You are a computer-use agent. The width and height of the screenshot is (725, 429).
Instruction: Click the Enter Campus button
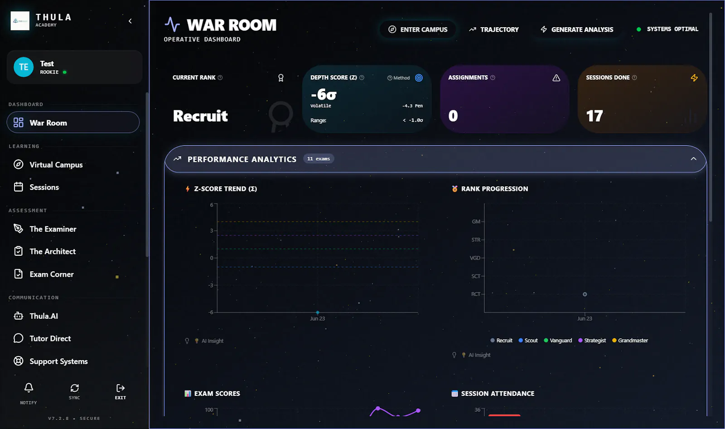tap(418, 29)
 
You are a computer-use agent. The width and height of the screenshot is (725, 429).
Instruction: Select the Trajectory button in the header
tap(494, 29)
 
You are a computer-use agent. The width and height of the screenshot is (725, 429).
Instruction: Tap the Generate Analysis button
tap(577, 29)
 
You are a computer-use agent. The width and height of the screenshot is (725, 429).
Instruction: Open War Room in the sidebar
tap(73, 122)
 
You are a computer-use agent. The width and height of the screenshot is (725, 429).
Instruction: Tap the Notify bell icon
tap(29, 388)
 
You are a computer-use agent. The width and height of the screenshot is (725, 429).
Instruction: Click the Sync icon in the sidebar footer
tap(74, 388)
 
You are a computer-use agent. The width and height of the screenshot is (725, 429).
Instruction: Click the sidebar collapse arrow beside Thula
tap(130, 21)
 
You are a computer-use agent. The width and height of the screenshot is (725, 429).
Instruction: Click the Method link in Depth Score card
tap(399, 78)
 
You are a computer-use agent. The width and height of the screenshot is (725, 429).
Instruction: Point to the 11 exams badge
tap(319, 159)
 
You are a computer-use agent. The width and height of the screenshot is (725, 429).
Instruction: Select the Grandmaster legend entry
tap(630, 340)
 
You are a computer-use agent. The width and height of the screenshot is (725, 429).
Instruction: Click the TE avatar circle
tap(24, 67)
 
